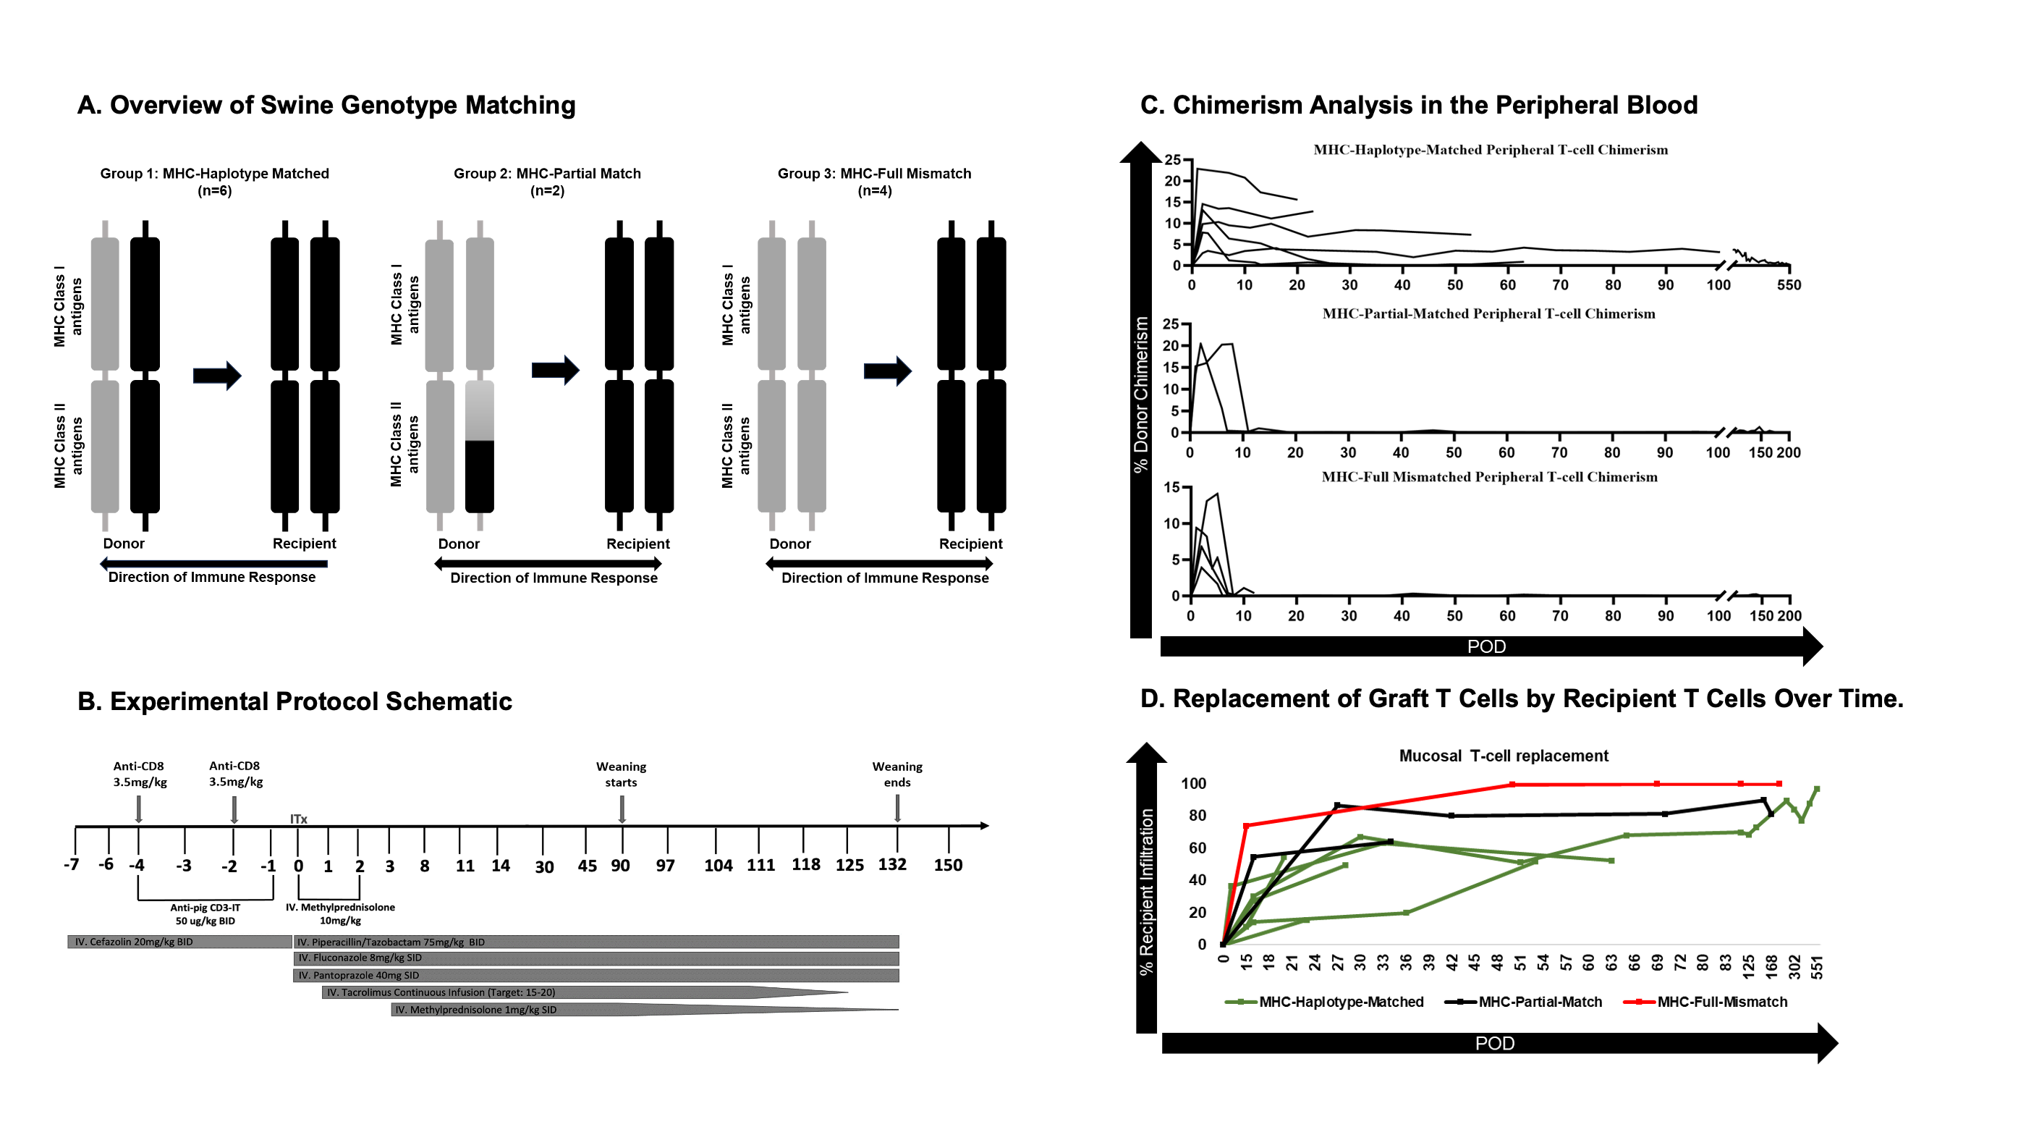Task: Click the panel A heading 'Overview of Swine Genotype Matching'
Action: [x=342, y=106]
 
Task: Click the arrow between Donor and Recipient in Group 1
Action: [x=216, y=375]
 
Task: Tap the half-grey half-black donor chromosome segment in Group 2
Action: [x=479, y=446]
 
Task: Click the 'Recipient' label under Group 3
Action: [x=970, y=544]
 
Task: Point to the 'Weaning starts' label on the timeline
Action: [x=621, y=774]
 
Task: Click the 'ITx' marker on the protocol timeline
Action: [x=298, y=819]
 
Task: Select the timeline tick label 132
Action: [x=892, y=865]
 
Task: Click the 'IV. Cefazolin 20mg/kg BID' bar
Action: [x=179, y=942]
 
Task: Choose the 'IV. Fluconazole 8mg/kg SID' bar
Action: [x=595, y=958]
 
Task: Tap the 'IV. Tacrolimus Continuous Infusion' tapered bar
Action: [x=551, y=993]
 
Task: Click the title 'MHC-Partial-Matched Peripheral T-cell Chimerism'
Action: [x=1488, y=314]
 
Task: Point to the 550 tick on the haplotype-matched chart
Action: [x=1789, y=284]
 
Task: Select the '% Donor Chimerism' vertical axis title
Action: [x=1140, y=393]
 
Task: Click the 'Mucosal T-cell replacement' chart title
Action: [x=1503, y=756]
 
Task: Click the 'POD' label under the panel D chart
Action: [x=1494, y=1043]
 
